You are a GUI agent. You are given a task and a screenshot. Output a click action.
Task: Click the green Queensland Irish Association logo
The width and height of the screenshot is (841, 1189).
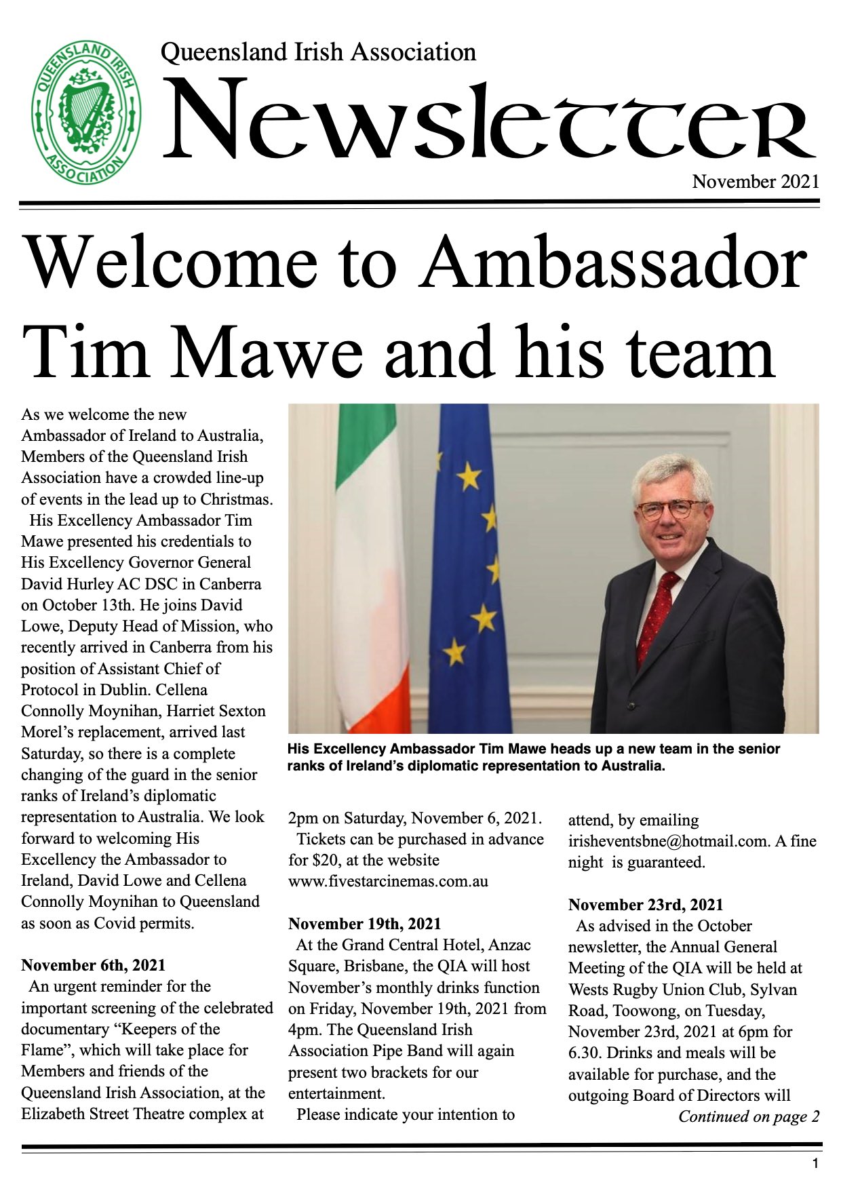point(86,113)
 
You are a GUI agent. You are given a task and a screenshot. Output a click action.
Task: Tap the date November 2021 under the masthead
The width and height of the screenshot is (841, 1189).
point(755,182)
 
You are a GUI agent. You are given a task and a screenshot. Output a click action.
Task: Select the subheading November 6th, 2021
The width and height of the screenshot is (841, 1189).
point(93,965)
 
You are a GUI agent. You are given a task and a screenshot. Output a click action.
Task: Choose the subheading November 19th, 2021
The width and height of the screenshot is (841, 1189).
point(364,924)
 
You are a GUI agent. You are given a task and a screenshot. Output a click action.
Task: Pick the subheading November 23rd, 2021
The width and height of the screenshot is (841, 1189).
point(645,905)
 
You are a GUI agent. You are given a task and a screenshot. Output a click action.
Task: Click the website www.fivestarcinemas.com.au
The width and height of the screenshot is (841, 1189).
point(388,881)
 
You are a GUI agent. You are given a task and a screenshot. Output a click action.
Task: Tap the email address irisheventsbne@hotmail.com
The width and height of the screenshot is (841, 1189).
point(668,841)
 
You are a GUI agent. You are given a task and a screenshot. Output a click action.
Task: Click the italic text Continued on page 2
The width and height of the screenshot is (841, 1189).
point(748,1116)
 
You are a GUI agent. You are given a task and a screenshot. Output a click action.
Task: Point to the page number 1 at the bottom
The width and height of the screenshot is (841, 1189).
point(815,1164)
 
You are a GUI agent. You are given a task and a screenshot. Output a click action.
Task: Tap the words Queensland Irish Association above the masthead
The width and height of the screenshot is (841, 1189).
point(318,52)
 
